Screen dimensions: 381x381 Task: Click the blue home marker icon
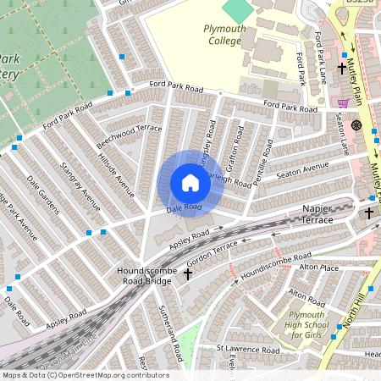pyautogui.click(x=190, y=183)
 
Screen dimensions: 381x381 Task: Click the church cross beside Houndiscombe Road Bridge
pyautogui.click(x=188, y=273)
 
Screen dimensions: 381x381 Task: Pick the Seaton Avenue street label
pyautogui.click(x=301, y=171)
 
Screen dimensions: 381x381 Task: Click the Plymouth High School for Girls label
pyautogui.click(x=308, y=323)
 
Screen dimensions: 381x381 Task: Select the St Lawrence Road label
pyautogui.click(x=246, y=349)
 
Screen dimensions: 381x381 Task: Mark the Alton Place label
pyautogui.click(x=318, y=268)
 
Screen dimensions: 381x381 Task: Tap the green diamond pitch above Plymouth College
pyautogui.click(x=238, y=11)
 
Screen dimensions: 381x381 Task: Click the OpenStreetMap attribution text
pyautogui.click(x=85, y=375)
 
